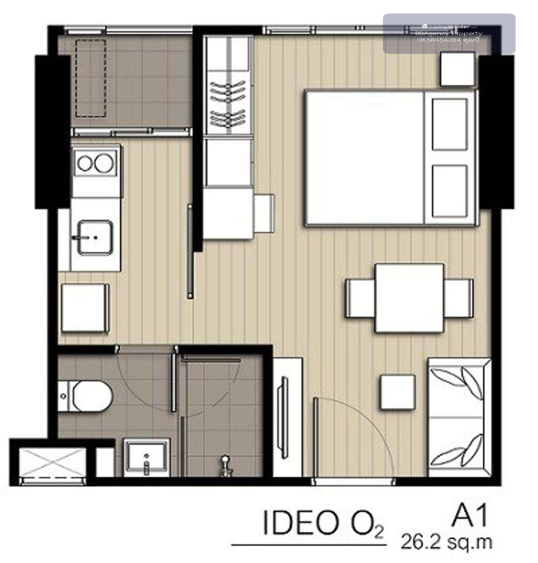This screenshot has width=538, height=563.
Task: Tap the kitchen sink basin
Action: click(95, 238)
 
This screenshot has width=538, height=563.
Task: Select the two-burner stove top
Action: click(96, 163)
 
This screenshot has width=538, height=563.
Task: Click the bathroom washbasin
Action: click(147, 457)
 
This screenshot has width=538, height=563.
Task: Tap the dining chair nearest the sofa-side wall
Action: click(459, 298)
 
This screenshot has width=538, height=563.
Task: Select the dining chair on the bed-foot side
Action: click(360, 298)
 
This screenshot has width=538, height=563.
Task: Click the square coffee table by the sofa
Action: click(398, 392)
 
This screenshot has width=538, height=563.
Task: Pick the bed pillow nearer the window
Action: click(450, 124)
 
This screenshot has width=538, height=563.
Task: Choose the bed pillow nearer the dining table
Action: click(450, 191)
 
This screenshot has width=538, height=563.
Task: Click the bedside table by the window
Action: click(457, 69)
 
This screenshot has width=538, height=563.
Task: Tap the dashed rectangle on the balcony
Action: click(91, 78)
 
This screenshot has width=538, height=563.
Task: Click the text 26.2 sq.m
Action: click(446, 542)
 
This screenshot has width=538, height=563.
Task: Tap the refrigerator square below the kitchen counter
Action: click(85, 308)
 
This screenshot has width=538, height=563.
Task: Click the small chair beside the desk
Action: click(264, 213)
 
